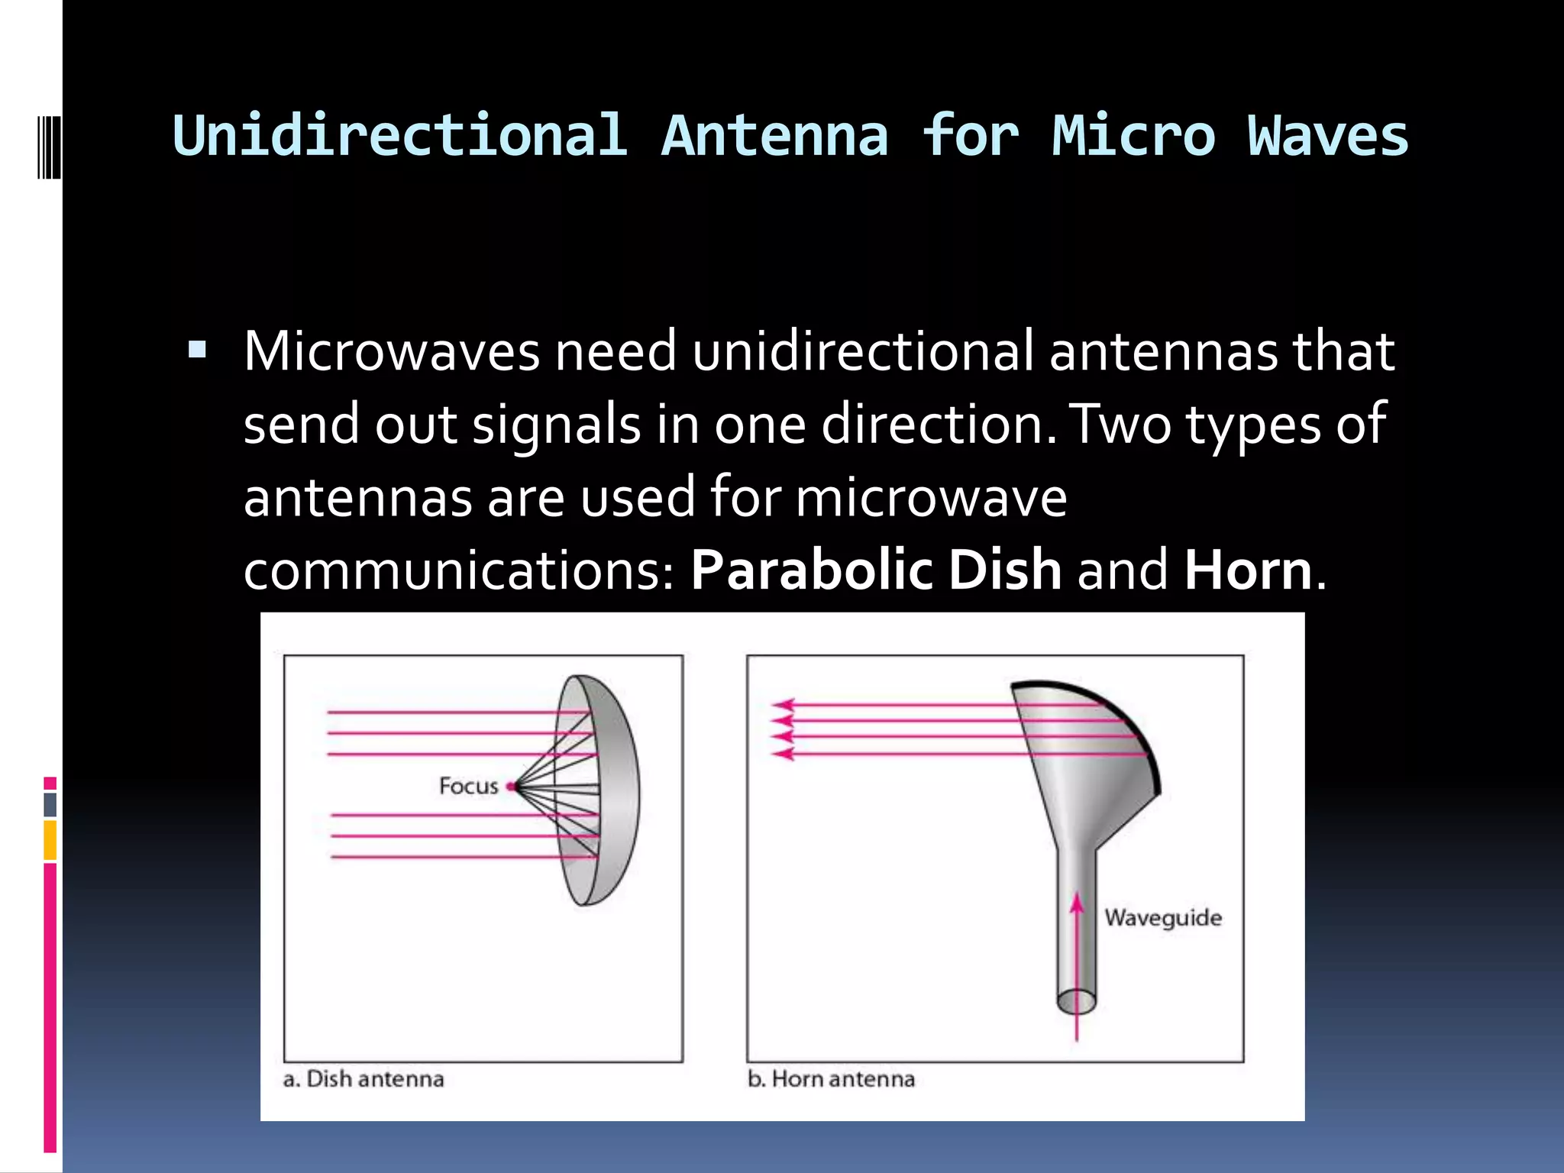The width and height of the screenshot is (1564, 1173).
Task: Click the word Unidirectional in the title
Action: click(x=400, y=136)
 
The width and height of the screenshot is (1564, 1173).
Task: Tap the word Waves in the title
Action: click(x=1327, y=136)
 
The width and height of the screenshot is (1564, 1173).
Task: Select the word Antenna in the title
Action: click(x=774, y=136)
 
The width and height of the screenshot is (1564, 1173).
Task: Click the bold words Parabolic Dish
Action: click(x=875, y=570)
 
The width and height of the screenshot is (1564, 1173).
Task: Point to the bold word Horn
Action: click(x=1248, y=570)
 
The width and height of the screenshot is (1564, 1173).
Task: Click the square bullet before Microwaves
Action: click(x=197, y=351)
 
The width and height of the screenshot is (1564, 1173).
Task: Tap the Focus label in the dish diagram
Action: click(x=467, y=786)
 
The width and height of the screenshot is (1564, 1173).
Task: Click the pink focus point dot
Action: click(x=510, y=787)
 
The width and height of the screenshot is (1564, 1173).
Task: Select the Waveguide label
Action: click(x=1162, y=917)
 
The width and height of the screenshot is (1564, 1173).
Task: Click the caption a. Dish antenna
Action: click(x=364, y=1079)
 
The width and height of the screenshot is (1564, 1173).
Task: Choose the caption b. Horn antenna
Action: click(x=831, y=1079)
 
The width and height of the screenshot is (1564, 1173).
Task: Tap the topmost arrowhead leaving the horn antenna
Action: click(x=784, y=705)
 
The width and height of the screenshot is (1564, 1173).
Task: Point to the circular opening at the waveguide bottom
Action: click(x=1077, y=1000)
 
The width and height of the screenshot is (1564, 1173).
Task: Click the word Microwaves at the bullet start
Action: click(x=391, y=351)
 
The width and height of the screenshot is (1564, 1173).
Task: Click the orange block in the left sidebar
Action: click(x=50, y=840)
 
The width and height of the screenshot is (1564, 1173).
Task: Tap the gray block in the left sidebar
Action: click(x=50, y=804)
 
